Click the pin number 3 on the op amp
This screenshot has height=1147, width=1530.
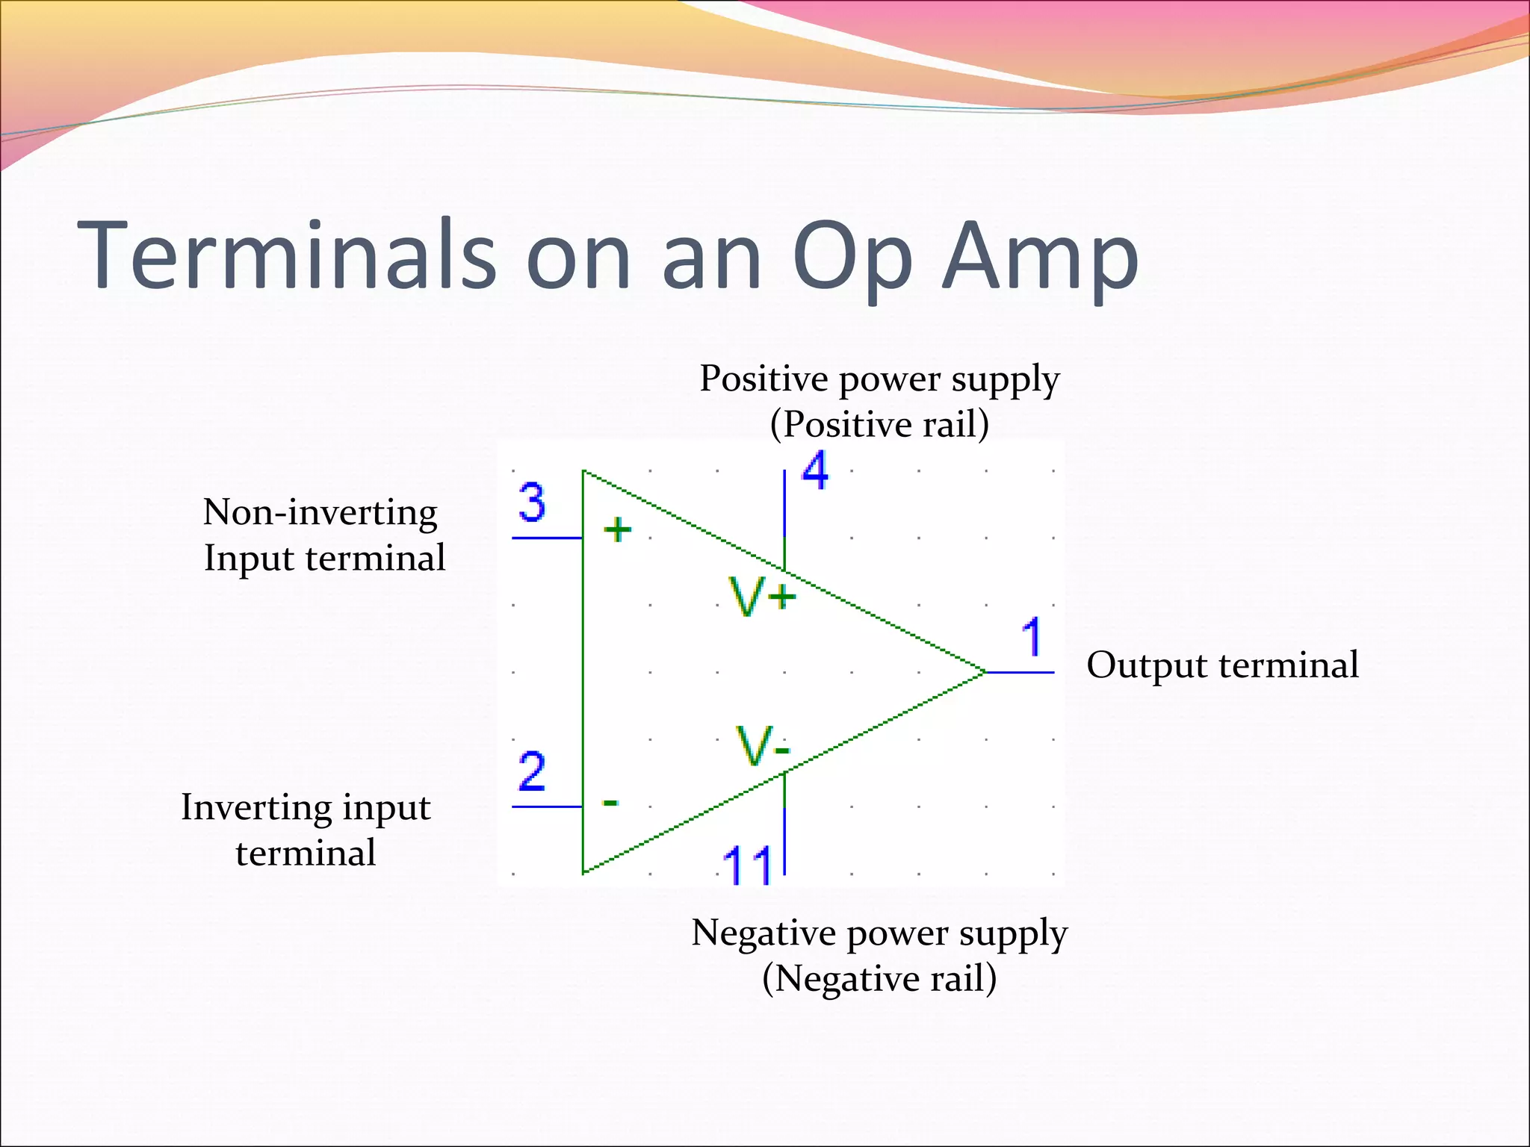click(532, 503)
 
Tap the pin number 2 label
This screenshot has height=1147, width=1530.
click(532, 771)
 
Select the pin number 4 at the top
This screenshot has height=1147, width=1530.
click(815, 470)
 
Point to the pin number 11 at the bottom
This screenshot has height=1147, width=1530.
click(748, 865)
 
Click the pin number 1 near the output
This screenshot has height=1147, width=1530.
click(1032, 637)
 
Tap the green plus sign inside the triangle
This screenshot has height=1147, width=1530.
click(618, 530)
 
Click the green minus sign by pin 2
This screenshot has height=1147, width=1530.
click(610, 803)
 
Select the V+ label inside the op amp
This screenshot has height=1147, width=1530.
click(763, 597)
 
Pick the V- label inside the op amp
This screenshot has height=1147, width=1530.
click(762, 746)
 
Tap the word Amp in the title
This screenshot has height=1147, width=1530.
click(1040, 255)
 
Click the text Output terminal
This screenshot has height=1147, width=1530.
click(1222, 665)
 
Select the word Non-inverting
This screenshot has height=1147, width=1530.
click(320, 512)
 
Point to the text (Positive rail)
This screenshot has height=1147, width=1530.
click(879, 424)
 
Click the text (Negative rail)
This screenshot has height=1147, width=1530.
click(879, 978)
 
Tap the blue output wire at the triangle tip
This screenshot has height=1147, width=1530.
click(1020, 672)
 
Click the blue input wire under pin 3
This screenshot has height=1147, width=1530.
click(547, 538)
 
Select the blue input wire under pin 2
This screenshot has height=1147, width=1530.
click(547, 806)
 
